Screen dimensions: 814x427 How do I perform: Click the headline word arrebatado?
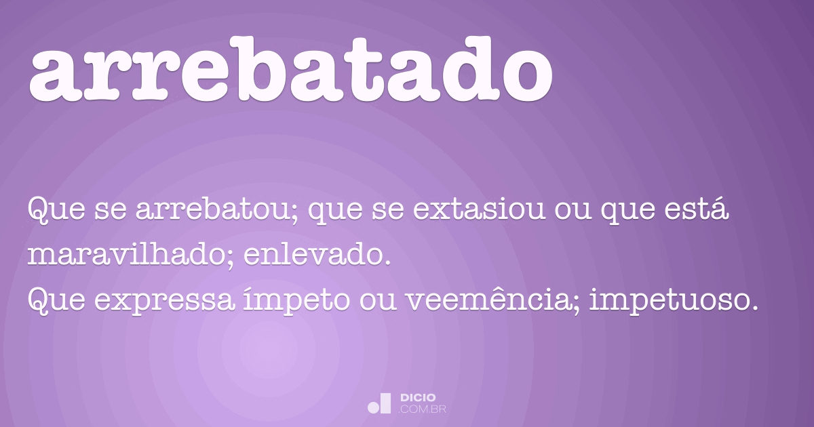click(x=291, y=69)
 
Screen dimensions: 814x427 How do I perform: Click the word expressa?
click(x=165, y=301)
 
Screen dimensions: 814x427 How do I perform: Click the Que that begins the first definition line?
click(x=57, y=209)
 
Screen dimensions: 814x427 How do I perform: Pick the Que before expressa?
click(x=57, y=301)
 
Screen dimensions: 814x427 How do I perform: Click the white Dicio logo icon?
click(x=379, y=403)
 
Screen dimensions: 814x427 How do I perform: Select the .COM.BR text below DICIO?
click(x=422, y=409)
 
